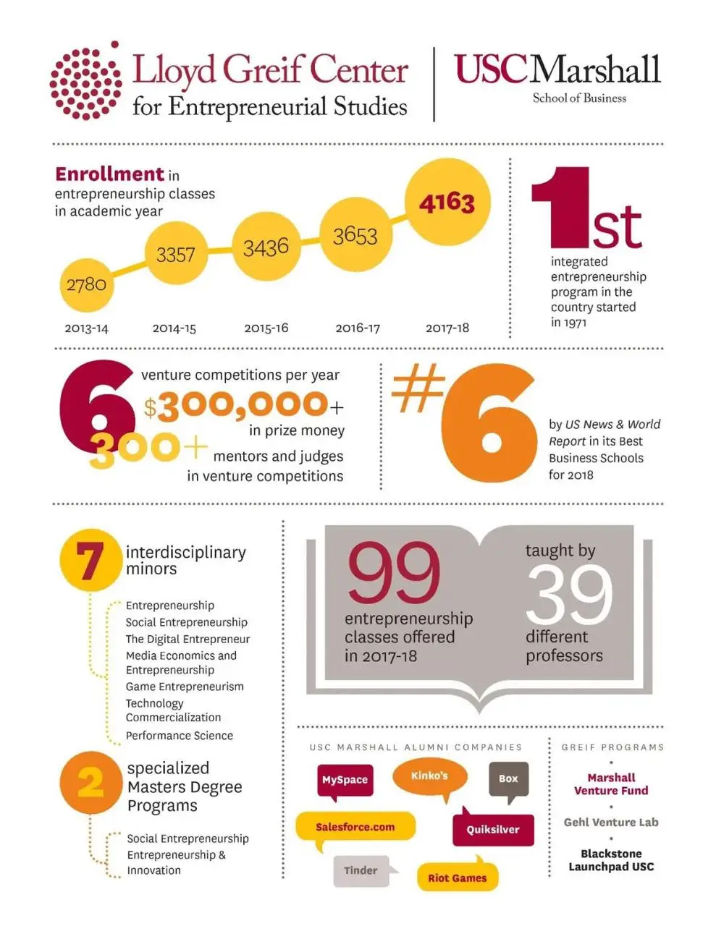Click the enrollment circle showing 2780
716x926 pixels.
[86, 284]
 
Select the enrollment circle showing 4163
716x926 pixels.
[447, 202]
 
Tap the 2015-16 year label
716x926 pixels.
[266, 328]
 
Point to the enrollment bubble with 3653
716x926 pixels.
[355, 236]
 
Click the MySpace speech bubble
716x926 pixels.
[345, 780]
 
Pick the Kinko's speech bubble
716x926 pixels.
[429, 776]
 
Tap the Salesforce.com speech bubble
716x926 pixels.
[355, 827]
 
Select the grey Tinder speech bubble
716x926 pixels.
[361, 870]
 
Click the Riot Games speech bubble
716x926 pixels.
[457, 878]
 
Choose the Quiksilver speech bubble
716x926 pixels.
[492, 830]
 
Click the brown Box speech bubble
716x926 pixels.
[508, 779]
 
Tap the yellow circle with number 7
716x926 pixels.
[90, 561]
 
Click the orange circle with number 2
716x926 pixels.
[90, 783]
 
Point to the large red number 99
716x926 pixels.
[393, 574]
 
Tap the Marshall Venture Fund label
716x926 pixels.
[611, 784]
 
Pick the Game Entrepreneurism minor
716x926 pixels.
[185, 687]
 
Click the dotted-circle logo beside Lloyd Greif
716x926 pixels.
[85, 80]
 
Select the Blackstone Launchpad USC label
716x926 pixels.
[611, 860]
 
